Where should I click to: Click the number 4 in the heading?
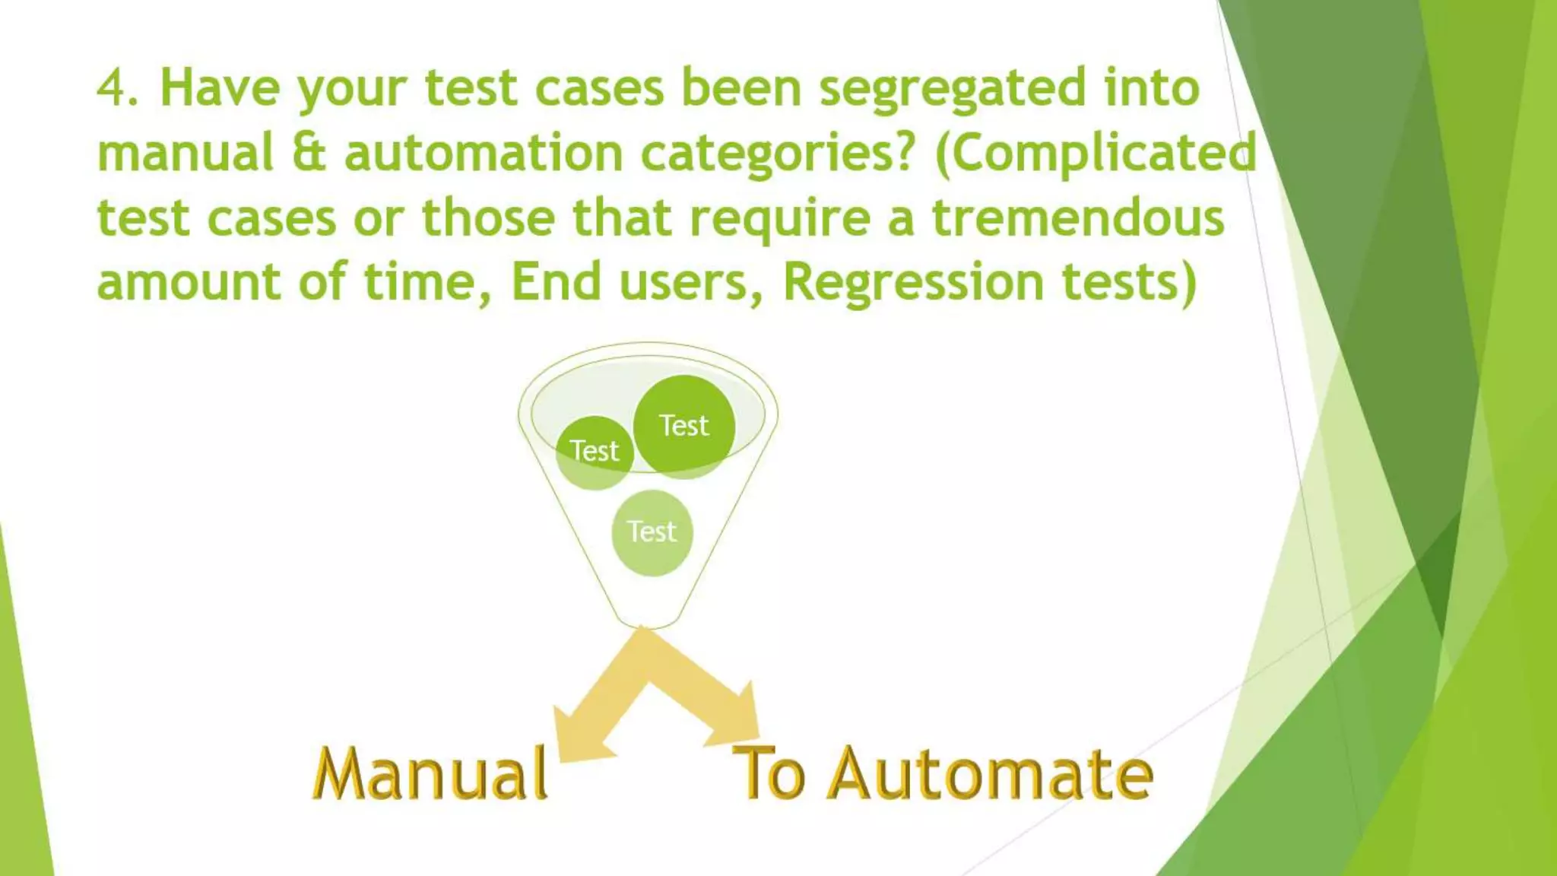[111, 88]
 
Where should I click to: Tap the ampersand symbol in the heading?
[309, 152]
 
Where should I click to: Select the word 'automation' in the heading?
[484, 154]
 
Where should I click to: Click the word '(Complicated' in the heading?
[1096, 154]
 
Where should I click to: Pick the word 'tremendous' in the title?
[1078, 218]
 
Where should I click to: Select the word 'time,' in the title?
[428, 283]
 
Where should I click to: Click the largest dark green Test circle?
[684, 426]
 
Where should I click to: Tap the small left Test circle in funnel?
[595, 452]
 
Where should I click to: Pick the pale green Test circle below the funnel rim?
[652, 532]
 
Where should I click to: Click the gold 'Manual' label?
[430, 774]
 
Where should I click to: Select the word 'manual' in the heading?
[186, 154]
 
